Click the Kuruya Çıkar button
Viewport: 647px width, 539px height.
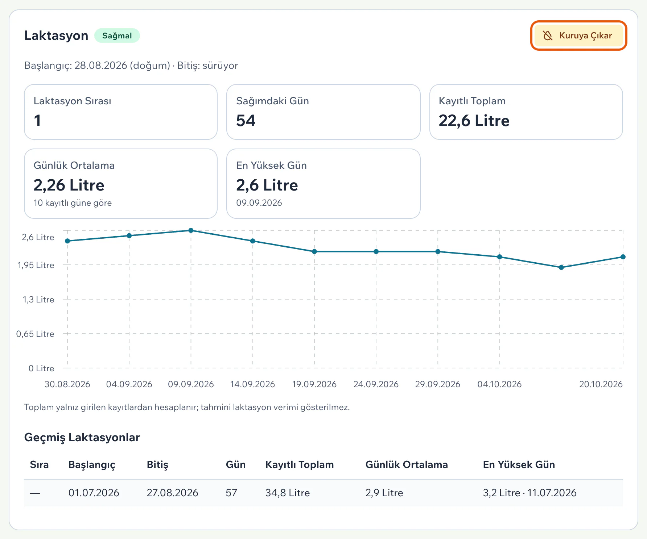(x=578, y=35)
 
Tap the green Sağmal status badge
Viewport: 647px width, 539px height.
(x=117, y=35)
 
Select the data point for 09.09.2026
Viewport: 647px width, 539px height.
(x=191, y=230)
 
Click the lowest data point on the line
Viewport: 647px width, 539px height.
(x=561, y=267)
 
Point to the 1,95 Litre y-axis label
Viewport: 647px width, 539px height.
(x=36, y=265)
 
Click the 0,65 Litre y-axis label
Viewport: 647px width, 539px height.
(x=35, y=334)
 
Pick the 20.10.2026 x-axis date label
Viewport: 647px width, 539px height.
(x=601, y=384)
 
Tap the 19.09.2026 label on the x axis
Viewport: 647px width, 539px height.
(x=314, y=384)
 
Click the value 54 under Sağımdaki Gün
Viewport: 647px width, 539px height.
(x=246, y=121)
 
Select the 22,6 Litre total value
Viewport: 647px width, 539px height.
(x=474, y=121)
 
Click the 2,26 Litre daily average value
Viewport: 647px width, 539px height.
(x=69, y=185)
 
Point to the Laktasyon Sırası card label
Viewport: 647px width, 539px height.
(x=73, y=101)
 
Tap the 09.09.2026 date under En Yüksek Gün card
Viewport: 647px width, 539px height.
(x=259, y=203)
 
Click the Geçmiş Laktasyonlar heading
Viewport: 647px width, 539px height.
(x=82, y=438)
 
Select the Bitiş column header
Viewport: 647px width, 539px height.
(x=157, y=465)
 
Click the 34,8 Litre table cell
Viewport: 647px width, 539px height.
(x=288, y=493)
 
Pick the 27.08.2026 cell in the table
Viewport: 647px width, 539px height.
(x=172, y=493)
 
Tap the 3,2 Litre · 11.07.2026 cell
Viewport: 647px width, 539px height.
(x=529, y=493)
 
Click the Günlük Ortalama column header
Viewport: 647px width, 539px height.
(x=407, y=465)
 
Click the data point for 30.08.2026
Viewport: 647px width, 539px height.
(x=67, y=241)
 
